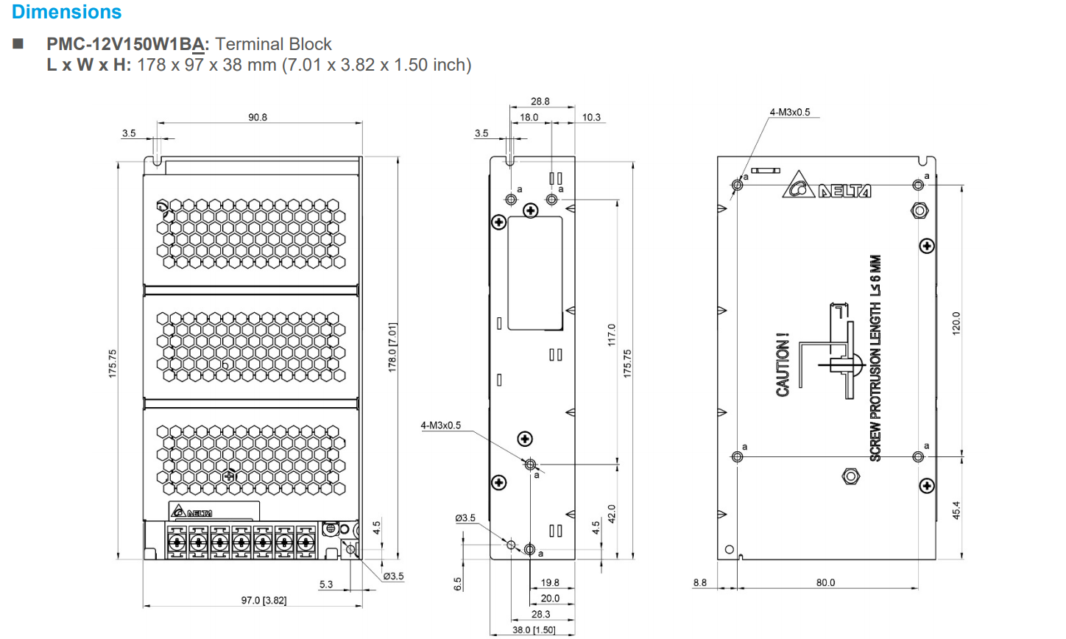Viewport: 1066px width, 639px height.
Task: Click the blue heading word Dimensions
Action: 66,12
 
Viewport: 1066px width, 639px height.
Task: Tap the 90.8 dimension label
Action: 258,117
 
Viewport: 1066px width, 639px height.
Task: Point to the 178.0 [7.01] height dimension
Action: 392,347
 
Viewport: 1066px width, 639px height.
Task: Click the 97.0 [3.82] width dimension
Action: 264,601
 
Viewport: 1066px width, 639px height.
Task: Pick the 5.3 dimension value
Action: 326,585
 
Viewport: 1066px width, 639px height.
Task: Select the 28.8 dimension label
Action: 540,102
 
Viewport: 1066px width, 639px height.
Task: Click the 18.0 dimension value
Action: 529,117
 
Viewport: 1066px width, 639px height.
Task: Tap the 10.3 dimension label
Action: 591,117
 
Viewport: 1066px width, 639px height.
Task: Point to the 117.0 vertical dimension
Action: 611,336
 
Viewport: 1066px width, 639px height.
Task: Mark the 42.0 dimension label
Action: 611,513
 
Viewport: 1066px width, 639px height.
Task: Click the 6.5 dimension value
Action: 457,584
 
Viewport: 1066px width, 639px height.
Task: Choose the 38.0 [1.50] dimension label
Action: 534,630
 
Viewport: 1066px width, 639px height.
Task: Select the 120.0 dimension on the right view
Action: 956,323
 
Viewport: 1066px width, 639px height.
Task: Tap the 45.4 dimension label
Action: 956,510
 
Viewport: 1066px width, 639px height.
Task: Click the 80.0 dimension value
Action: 825,582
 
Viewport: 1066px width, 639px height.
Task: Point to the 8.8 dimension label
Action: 699,582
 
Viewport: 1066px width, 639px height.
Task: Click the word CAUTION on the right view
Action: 783,365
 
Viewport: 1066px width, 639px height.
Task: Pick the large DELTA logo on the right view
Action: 827,186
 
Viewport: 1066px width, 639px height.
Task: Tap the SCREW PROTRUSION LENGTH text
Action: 875,359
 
